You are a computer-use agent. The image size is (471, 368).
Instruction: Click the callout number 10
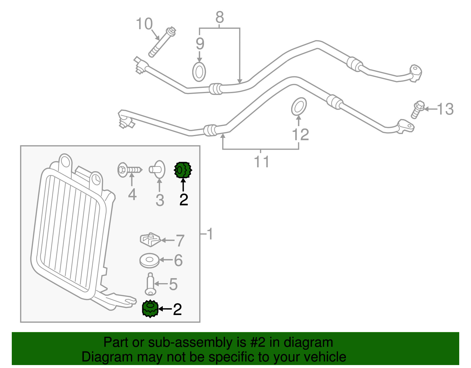click(x=144, y=24)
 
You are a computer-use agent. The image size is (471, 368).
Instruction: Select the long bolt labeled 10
click(x=162, y=42)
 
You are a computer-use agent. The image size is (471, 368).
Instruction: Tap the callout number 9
click(x=200, y=44)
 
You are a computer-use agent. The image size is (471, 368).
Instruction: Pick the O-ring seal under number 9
click(x=199, y=72)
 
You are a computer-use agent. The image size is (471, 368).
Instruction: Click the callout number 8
click(x=220, y=17)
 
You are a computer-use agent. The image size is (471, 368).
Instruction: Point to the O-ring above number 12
click(x=299, y=106)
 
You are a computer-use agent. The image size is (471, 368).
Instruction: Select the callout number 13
click(x=445, y=109)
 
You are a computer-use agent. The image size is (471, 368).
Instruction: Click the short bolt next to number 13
click(x=418, y=110)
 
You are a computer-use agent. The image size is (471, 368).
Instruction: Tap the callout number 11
click(x=261, y=162)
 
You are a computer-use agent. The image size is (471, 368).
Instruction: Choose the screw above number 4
click(x=130, y=170)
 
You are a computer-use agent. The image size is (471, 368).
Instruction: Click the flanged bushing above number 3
click(x=157, y=169)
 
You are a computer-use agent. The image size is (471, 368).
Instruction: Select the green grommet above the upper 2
click(x=183, y=170)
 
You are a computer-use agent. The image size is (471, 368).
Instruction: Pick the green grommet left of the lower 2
click(x=150, y=309)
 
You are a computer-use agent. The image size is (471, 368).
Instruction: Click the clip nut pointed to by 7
click(x=150, y=240)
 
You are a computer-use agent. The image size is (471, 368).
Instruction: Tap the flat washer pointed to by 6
click(x=149, y=260)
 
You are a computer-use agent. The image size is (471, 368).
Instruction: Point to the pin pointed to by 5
click(x=150, y=284)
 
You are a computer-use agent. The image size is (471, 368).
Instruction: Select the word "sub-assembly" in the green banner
click(x=197, y=342)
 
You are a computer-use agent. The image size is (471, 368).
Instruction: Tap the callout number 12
click(x=301, y=135)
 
